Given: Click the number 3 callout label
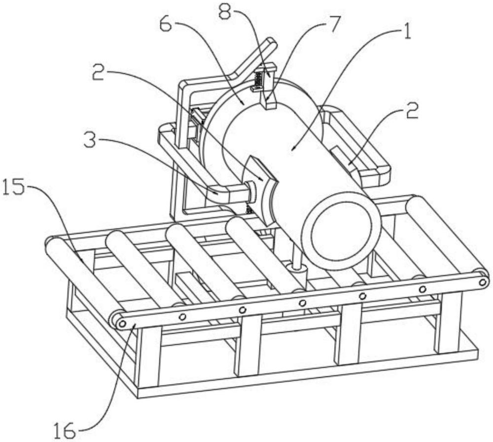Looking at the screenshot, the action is point(91,141).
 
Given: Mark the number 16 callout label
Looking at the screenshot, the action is point(64,431).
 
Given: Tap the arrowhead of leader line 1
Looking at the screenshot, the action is point(293,148).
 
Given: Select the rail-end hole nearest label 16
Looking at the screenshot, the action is point(122,323).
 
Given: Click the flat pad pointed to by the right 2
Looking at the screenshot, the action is point(344,157).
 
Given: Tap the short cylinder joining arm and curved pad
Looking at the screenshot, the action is point(251,192).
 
